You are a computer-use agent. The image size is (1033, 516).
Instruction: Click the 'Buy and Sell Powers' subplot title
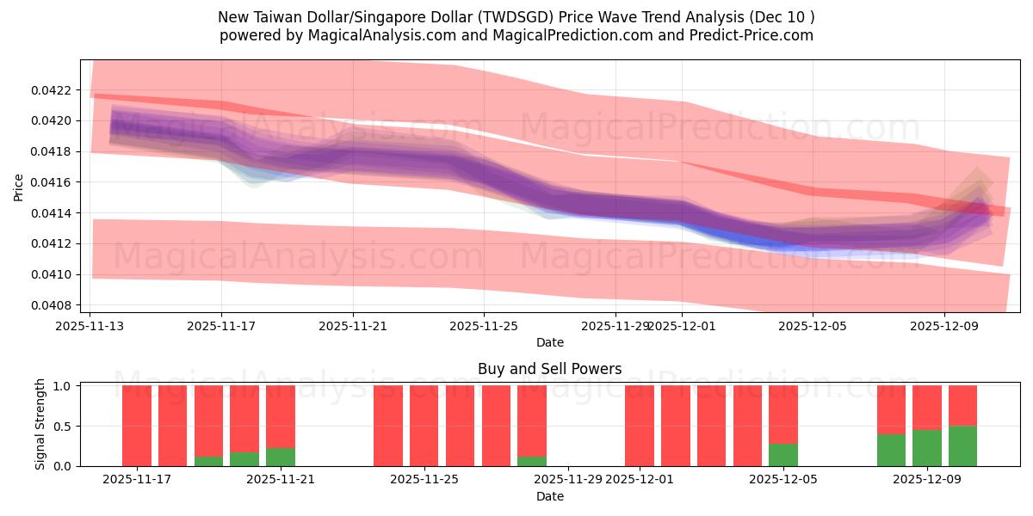pos(549,369)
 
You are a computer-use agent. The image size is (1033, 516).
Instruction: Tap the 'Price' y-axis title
pos(19,187)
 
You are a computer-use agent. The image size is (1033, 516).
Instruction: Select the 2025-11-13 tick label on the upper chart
pos(90,326)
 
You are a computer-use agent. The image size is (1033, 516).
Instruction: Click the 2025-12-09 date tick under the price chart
pos(944,326)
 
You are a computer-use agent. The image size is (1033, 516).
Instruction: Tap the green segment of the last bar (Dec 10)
pos(962,446)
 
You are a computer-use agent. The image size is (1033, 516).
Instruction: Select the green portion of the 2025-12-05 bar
pos(783,455)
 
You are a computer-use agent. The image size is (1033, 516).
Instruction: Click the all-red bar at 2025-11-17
pos(137,426)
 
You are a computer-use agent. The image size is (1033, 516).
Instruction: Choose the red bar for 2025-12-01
pos(640,426)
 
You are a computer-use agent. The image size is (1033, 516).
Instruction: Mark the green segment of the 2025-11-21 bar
pos(281,458)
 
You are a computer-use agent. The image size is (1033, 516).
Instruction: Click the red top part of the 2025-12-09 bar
pos(927,407)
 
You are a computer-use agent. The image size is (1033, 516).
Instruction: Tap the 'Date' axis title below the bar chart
pos(549,496)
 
